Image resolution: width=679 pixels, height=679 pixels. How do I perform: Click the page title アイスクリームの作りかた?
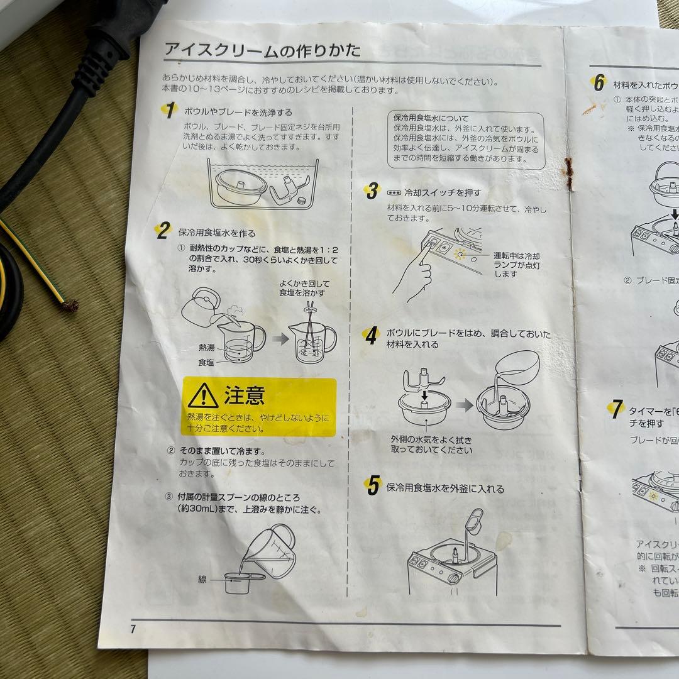coord(262,50)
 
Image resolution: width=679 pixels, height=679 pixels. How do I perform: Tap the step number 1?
coord(168,110)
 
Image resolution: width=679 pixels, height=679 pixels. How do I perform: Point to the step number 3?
coord(372,191)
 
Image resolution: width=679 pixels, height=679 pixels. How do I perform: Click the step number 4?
coord(372,336)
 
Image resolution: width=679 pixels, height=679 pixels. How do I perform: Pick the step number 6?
coord(599,82)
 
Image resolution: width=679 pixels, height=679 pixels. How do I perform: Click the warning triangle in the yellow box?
coord(203,395)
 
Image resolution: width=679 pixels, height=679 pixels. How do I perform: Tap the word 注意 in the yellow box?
coord(245,395)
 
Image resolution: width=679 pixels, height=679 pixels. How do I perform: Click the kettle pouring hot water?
coord(201,306)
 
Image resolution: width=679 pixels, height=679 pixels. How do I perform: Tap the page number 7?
coord(133,629)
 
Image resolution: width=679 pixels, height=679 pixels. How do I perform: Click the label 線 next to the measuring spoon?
coord(202,579)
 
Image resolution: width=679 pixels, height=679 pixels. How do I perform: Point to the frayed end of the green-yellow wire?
coord(68,306)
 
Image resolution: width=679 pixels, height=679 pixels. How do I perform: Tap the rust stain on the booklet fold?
coord(570,174)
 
